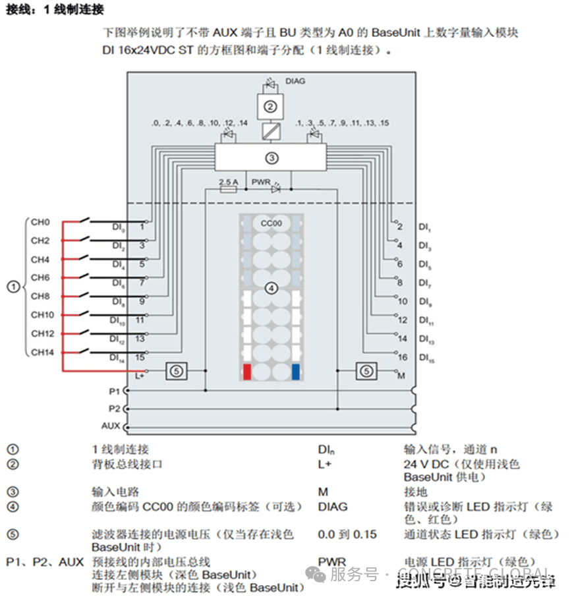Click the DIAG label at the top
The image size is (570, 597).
tap(295, 82)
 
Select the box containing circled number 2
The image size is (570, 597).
tap(270, 105)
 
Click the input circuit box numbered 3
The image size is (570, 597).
tap(271, 157)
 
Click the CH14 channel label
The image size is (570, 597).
tap(42, 352)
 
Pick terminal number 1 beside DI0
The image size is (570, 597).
tap(142, 226)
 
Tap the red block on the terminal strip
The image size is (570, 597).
tap(247, 372)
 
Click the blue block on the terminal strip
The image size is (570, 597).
tap(295, 372)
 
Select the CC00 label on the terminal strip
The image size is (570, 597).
tap(271, 223)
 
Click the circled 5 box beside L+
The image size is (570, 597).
tap(175, 371)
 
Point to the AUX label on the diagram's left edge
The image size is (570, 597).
tap(111, 426)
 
